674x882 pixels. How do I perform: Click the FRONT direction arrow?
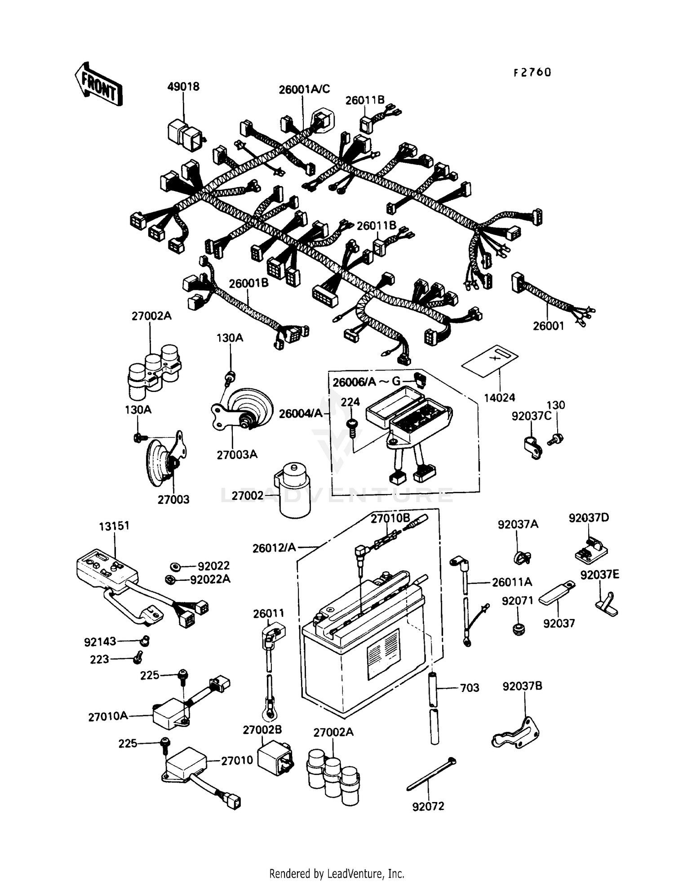tap(98, 84)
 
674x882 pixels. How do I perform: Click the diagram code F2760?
tap(532, 72)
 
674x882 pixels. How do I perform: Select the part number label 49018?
tap(183, 86)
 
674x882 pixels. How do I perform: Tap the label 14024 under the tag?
tap(500, 397)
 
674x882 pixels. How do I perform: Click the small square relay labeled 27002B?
tap(275, 758)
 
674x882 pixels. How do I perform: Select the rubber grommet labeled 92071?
tap(519, 628)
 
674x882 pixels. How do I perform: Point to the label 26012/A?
tap(274, 547)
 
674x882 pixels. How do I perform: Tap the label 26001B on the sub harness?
tap(248, 284)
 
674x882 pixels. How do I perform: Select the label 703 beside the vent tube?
tap(470, 687)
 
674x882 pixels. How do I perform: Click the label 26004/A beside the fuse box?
tap(301, 413)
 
